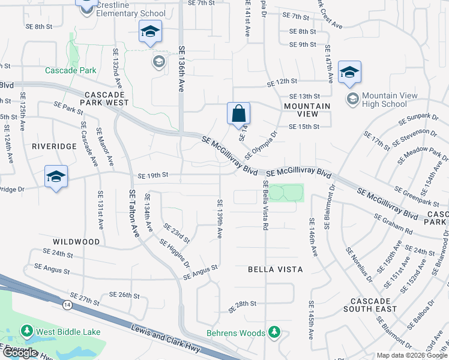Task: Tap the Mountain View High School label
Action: (385, 100)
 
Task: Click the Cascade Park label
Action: (71, 70)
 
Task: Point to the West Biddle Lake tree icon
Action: (26, 331)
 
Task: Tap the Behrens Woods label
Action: (236, 333)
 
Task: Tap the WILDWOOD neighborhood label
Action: (76, 242)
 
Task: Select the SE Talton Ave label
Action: (133, 213)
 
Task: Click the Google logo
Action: (20, 353)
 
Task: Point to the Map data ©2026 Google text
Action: (411, 355)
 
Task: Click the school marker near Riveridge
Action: (56, 176)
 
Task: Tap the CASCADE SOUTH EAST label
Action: (370, 304)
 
